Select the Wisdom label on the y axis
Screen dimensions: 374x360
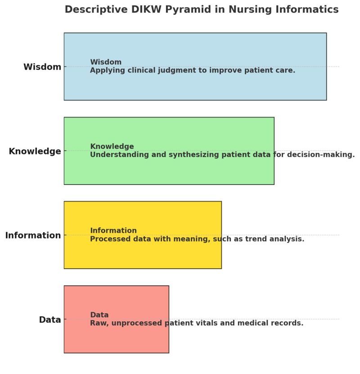(42, 67)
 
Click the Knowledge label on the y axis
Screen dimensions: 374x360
(35, 151)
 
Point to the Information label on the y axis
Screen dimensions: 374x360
(33, 235)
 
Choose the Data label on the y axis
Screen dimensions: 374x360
(49, 320)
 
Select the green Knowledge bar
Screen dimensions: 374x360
(169, 171)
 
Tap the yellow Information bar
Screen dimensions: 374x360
(142, 254)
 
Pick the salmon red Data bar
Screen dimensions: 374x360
(116, 340)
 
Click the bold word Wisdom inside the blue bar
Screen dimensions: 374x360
(106, 62)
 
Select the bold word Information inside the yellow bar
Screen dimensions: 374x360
(113, 231)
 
